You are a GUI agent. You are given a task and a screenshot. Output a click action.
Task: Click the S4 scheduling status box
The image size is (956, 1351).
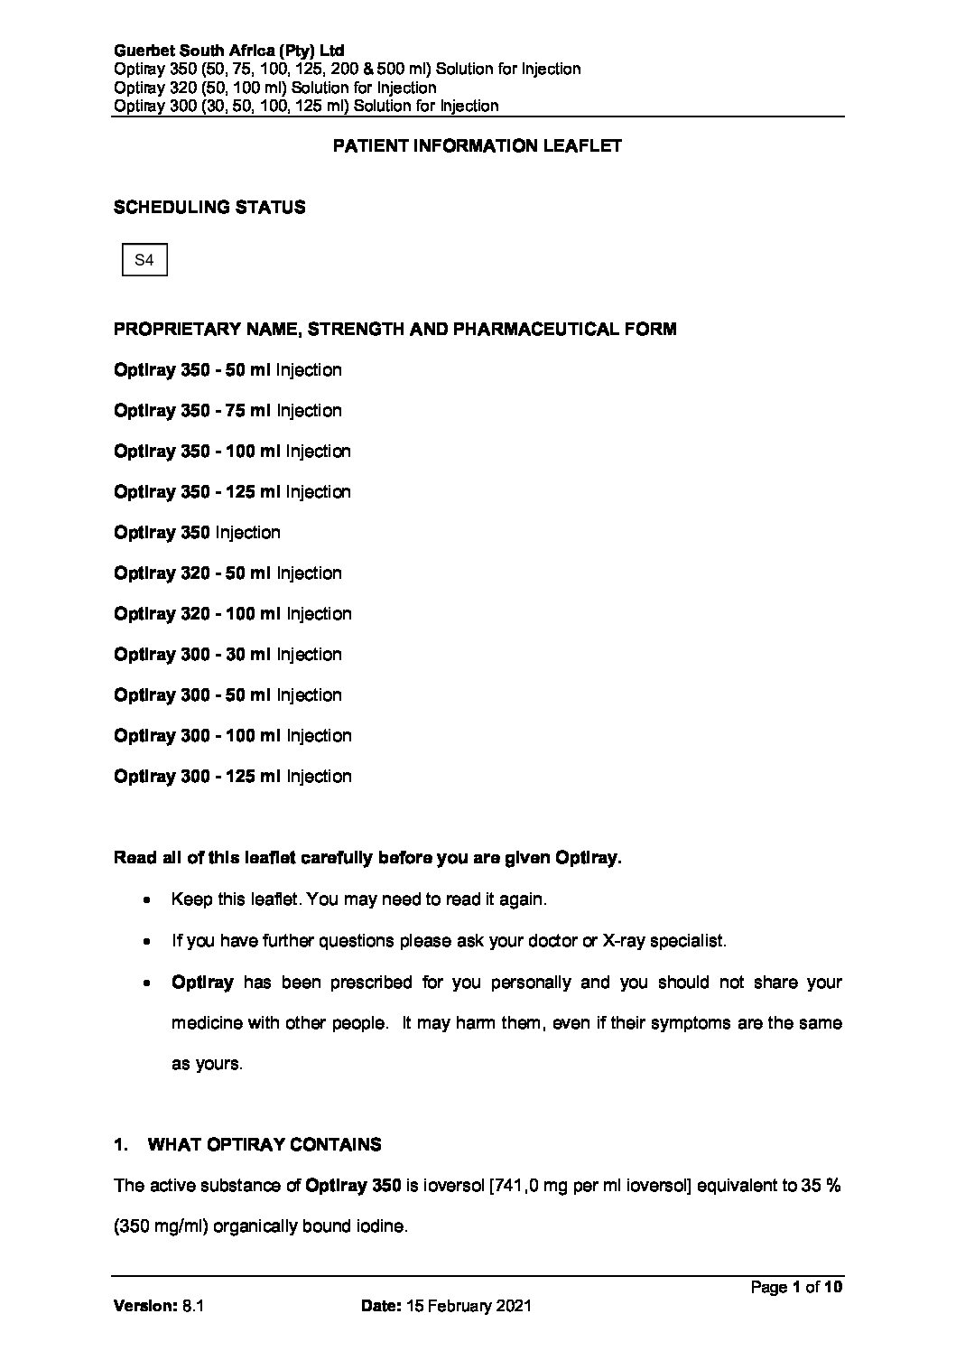tap(144, 261)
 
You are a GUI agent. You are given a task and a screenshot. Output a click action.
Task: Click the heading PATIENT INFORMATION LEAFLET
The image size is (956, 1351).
tap(478, 145)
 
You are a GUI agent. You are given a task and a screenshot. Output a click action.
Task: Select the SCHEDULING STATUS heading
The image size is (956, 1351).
tap(209, 207)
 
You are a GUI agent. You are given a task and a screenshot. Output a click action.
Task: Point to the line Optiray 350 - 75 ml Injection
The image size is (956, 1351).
tap(227, 411)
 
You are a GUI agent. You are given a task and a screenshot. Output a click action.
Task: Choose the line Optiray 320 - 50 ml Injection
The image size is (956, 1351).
tap(227, 573)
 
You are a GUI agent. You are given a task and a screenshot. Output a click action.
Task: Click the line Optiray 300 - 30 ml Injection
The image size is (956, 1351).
tap(227, 655)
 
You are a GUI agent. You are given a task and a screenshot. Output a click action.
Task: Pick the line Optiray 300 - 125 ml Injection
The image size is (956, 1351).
tap(232, 777)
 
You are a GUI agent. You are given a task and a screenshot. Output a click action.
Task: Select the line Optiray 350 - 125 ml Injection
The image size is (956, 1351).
tap(232, 492)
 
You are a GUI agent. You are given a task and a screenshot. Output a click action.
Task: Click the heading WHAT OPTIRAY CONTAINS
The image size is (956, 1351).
tap(264, 1145)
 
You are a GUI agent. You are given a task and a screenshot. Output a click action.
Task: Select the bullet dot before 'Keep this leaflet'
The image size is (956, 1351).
tap(146, 900)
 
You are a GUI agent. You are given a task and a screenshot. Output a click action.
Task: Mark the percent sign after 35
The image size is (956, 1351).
tap(834, 1187)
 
